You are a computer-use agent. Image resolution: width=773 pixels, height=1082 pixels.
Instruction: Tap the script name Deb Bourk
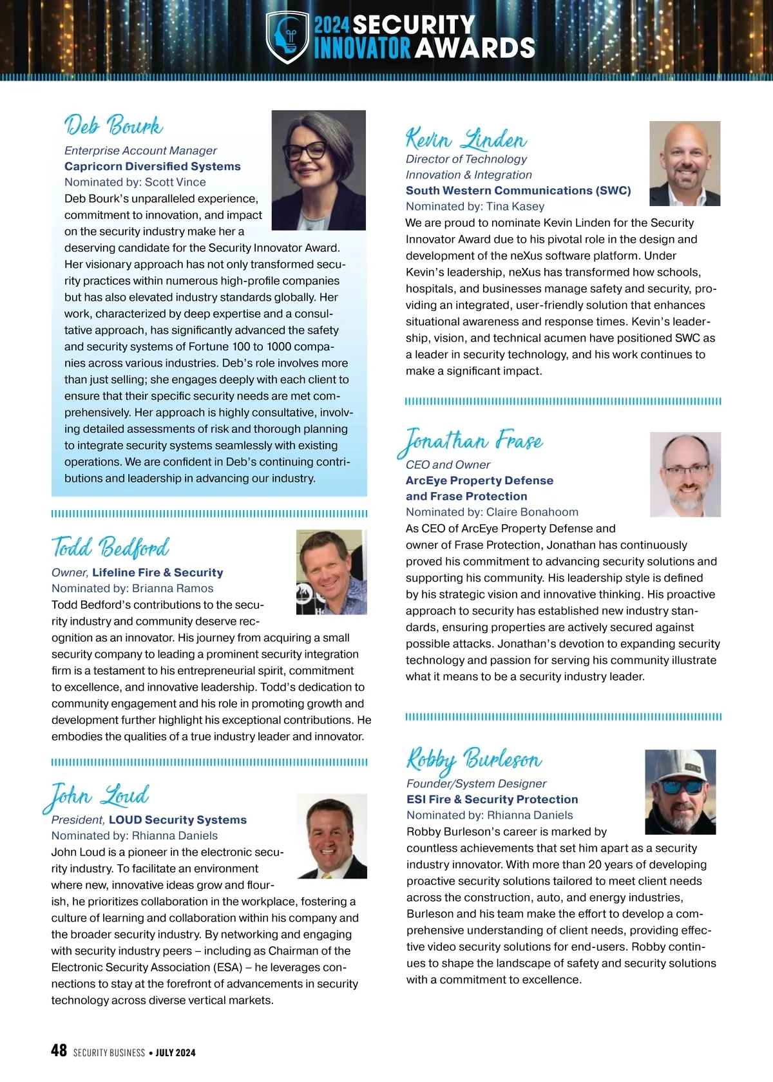113,126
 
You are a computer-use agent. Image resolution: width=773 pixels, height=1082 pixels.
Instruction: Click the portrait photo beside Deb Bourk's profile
319,170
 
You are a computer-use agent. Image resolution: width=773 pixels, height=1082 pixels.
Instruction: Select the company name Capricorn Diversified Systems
153,166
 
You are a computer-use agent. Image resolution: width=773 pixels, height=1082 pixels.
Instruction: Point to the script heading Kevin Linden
466,139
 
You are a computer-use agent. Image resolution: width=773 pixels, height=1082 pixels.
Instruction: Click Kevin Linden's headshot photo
685,164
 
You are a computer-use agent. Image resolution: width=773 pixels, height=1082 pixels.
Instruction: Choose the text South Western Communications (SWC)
519,191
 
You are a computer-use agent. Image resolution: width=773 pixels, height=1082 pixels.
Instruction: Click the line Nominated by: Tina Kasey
475,206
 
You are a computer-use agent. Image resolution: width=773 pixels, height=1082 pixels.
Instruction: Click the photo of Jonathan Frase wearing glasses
685,474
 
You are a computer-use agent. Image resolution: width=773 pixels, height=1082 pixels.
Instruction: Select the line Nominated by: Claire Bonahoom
492,512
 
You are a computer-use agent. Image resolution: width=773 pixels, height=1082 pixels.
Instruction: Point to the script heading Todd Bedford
111,547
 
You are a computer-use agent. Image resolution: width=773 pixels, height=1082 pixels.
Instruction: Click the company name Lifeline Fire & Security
158,573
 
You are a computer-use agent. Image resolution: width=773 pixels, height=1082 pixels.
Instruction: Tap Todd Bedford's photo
331,572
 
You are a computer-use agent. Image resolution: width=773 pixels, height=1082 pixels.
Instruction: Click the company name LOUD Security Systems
178,820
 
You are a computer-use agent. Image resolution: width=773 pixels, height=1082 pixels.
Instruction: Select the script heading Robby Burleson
474,760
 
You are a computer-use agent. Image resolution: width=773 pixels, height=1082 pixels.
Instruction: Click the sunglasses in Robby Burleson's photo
681,787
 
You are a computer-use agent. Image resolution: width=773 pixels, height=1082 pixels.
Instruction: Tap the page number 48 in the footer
59,1050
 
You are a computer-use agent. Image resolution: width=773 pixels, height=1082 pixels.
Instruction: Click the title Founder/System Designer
476,784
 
